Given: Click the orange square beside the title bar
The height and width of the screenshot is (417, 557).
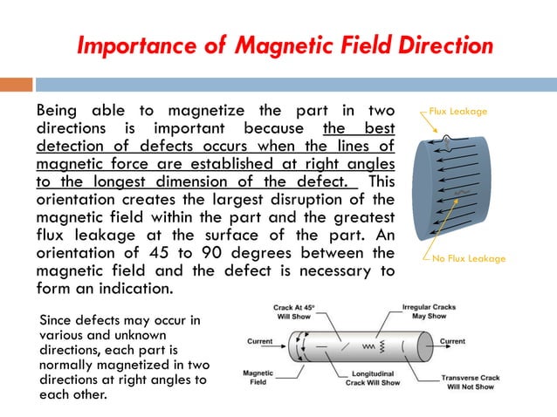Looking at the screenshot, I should tap(16, 85).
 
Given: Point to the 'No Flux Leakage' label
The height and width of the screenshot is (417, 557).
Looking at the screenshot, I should tap(468, 259).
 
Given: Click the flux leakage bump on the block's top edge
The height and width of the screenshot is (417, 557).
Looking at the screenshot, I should tap(447, 138).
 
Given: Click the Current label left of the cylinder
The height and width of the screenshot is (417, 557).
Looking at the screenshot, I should tap(260, 341).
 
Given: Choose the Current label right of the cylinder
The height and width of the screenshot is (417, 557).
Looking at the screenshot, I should tap(451, 341).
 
